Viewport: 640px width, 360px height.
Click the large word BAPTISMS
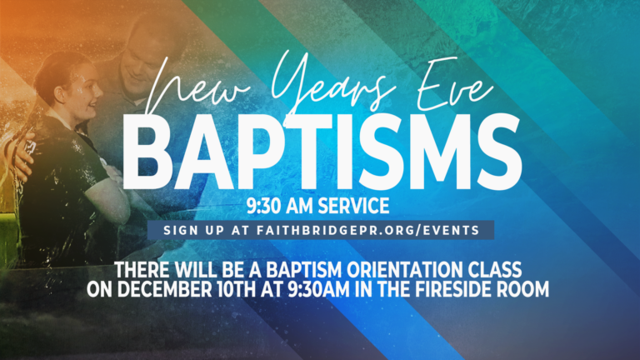pyautogui.click(x=322, y=152)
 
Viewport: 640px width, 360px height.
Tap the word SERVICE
pyautogui.click(x=353, y=206)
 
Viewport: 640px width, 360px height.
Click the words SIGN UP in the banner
pyautogui.click(x=194, y=230)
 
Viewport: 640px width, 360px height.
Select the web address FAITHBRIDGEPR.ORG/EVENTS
pyautogui.click(x=367, y=230)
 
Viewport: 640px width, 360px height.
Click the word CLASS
pyautogui.click(x=495, y=270)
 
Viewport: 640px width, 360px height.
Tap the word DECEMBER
pyautogui.click(x=165, y=289)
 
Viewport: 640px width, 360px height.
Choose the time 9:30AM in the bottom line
pyautogui.click(x=319, y=289)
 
